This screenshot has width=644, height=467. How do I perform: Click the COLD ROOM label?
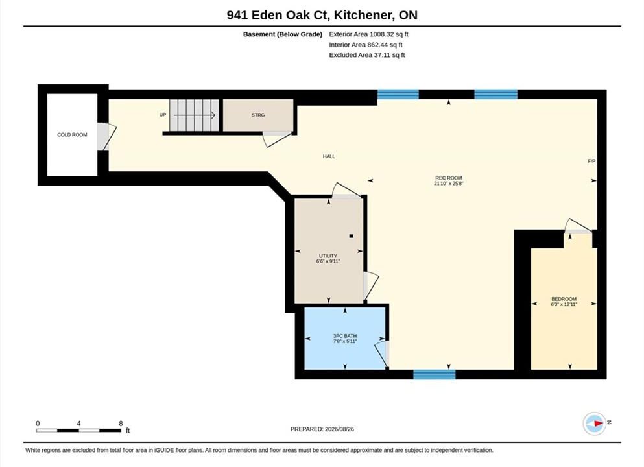click(72, 135)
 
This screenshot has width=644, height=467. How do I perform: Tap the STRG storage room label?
click(258, 115)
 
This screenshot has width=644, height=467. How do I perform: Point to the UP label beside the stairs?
click(163, 115)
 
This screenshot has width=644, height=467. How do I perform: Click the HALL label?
click(329, 156)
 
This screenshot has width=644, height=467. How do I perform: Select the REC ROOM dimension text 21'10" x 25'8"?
click(449, 184)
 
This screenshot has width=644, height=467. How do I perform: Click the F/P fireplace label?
click(591, 162)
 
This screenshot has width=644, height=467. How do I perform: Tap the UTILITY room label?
click(328, 256)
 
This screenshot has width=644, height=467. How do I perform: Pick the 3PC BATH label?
click(345, 336)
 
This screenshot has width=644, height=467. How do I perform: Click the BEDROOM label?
click(564, 299)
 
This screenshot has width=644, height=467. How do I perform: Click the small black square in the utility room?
click(351, 236)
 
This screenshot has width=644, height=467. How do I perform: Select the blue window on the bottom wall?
click(434, 374)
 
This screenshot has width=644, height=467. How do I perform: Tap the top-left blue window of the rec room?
click(398, 95)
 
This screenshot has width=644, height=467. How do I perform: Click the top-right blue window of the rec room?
click(495, 95)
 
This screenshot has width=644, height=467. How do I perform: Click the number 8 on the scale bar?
click(121, 424)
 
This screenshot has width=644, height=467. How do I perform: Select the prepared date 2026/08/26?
click(339, 429)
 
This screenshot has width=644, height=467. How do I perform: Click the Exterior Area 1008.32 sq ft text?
click(368, 34)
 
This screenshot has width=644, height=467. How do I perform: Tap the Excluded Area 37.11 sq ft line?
click(367, 55)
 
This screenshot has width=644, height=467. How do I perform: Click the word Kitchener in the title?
click(362, 15)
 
